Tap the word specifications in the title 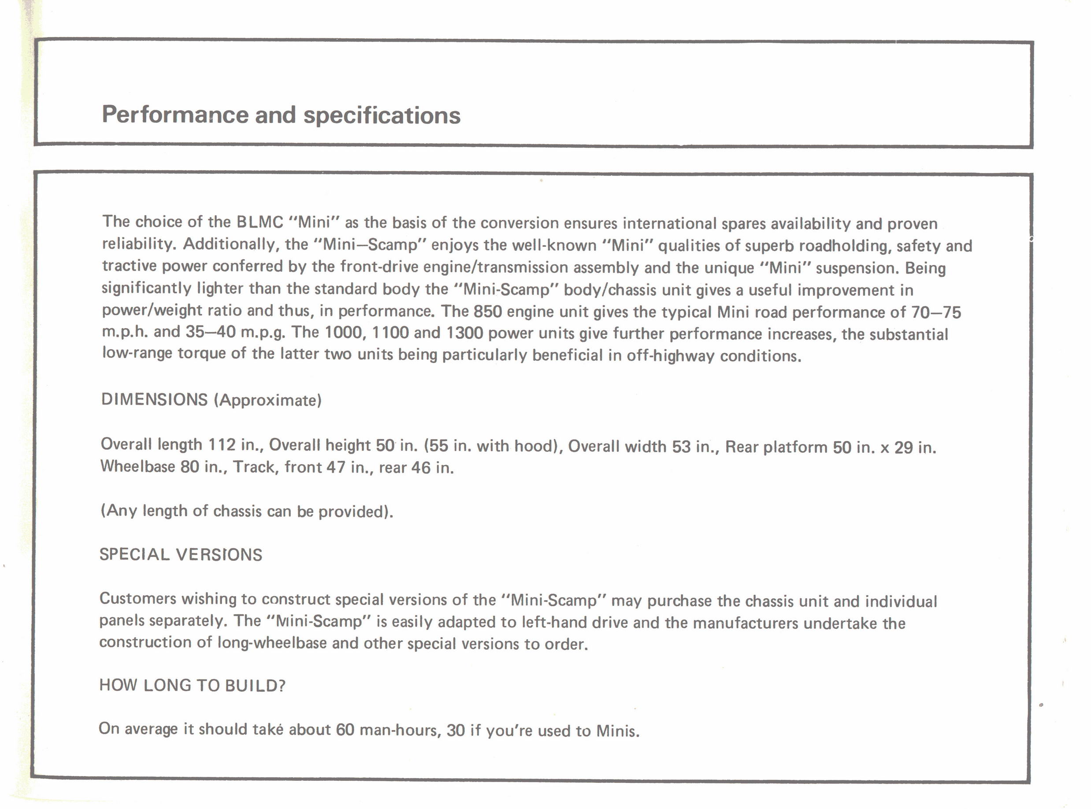pyautogui.click(x=382, y=116)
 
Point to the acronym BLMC pyautogui.click(x=260, y=222)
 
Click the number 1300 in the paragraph pyautogui.click(x=465, y=333)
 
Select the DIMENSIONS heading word pyautogui.click(x=155, y=399)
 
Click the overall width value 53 pyautogui.click(x=681, y=447)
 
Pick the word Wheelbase pyautogui.click(x=137, y=466)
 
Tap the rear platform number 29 pyautogui.click(x=904, y=448)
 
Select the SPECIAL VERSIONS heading pyautogui.click(x=181, y=554)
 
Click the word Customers pyautogui.click(x=138, y=598)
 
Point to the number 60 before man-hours pyautogui.click(x=345, y=730)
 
